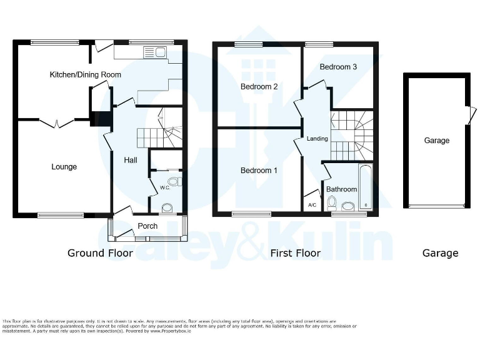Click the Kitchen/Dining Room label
coord(85,74)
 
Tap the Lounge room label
coord(64,167)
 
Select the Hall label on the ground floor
coord(130,161)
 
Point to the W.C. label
coord(164,187)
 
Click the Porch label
coord(147,226)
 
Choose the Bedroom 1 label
coord(259,171)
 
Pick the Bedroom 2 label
coord(259,87)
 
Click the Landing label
coord(317,139)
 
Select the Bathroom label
coord(341,189)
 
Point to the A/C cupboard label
coord(312,205)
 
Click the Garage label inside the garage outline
coord(436,141)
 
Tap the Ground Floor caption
coord(100,253)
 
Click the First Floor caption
coord(295,253)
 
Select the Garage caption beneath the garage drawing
coord(440,253)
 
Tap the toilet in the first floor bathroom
coord(332,202)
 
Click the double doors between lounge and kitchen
coord(57,123)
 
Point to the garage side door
coord(469,116)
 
